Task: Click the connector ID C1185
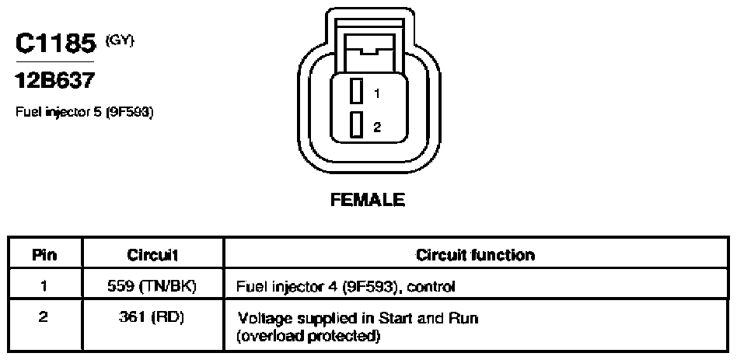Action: click(x=55, y=44)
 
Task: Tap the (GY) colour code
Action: click(x=120, y=41)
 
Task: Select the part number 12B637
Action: click(x=54, y=81)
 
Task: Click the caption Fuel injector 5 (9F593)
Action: click(x=85, y=113)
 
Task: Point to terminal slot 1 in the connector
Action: click(x=356, y=91)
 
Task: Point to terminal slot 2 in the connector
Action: click(x=356, y=125)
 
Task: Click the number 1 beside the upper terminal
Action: click(x=377, y=93)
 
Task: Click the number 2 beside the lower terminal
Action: click(x=377, y=127)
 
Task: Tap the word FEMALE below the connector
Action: click(x=368, y=200)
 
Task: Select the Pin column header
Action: click(x=44, y=255)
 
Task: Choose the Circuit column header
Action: click(x=152, y=255)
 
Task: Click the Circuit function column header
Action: click(x=475, y=255)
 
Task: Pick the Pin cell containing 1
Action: click(x=44, y=285)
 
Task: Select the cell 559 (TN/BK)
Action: click(x=152, y=285)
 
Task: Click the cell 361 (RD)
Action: click(x=152, y=318)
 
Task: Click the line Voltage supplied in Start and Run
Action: click(x=358, y=319)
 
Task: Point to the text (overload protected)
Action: click(x=308, y=337)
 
